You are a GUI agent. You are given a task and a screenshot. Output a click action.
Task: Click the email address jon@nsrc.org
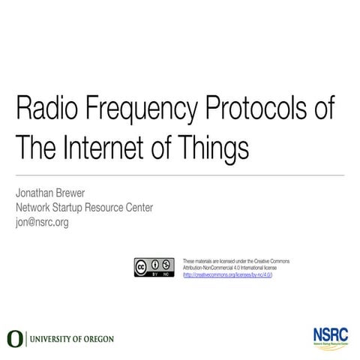[42, 222]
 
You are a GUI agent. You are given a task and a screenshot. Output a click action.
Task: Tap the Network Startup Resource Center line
[84, 208]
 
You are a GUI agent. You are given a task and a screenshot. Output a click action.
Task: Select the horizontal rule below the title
[180, 175]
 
